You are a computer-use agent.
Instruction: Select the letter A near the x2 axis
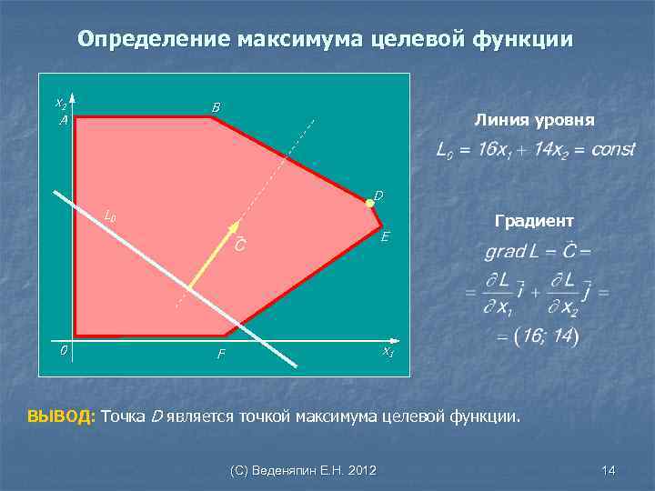[63, 119]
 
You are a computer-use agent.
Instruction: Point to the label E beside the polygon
[387, 237]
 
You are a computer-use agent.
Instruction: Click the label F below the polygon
[221, 355]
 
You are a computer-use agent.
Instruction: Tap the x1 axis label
[387, 351]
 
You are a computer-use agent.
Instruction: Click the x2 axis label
[60, 102]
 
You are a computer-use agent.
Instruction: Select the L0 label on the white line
[110, 216]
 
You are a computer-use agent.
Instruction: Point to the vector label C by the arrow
[237, 245]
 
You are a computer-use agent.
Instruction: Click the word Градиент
[534, 220]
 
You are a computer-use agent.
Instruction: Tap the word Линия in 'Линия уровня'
[501, 119]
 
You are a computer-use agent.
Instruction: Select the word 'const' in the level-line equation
[612, 149]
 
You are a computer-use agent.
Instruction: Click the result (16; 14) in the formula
[545, 336]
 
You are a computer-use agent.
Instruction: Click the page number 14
[609, 470]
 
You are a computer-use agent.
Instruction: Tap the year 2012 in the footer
[362, 470]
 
